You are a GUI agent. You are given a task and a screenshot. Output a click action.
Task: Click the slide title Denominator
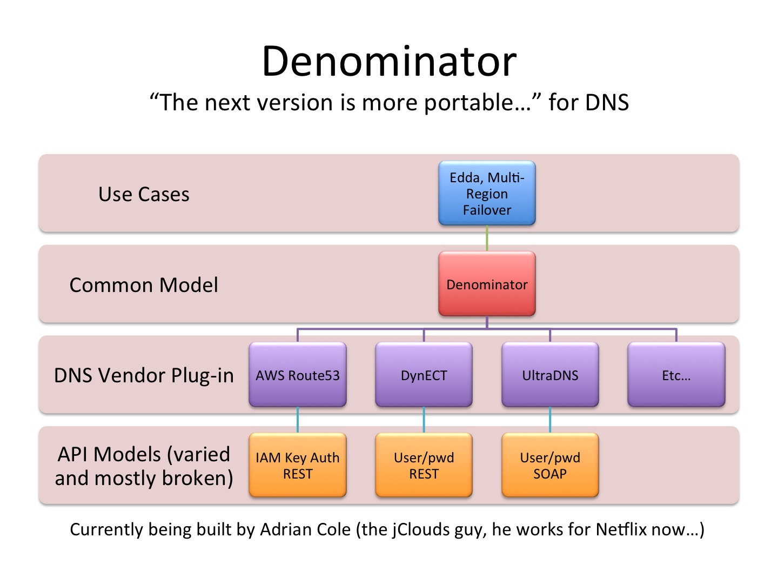[x=389, y=61]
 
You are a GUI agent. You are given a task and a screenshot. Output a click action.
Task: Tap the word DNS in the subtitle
[x=607, y=103]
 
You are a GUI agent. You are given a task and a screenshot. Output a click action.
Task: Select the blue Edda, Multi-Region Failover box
[x=487, y=193]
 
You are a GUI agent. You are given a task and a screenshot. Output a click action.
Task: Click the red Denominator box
[x=487, y=284]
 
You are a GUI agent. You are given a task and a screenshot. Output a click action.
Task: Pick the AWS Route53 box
[x=297, y=374]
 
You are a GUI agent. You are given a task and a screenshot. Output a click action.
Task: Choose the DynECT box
[x=424, y=374]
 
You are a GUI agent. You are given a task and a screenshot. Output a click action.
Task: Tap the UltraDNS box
[x=550, y=374]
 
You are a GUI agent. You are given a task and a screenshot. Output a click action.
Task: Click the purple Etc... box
[x=676, y=374]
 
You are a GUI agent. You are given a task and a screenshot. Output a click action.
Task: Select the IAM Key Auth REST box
[x=297, y=465]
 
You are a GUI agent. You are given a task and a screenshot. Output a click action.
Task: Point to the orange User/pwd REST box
[x=424, y=465]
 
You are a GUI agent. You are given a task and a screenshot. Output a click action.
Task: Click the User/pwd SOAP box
[x=550, y=465]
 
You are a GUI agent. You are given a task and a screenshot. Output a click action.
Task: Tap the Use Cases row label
[x=144, y=194]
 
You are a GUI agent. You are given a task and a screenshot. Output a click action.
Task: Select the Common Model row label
[x=144, y=285]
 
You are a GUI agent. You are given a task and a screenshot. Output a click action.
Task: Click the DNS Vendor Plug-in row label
[x=144, y=375]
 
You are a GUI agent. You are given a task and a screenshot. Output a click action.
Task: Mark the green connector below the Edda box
[x=487, y=238]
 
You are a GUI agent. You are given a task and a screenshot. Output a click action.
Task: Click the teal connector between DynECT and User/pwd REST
[x=424, y=420]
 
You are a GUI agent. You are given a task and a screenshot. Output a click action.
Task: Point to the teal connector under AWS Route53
[x=297, y=420]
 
